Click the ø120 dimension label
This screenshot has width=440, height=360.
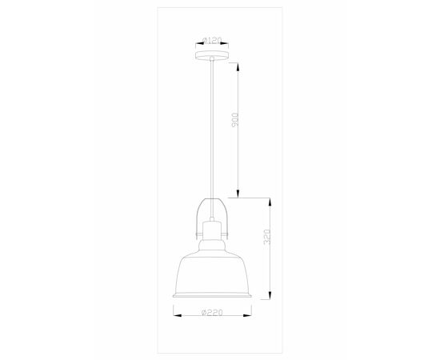coord(212,38)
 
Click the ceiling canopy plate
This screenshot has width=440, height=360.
coord(212,54)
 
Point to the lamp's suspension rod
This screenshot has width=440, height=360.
coord(212,128)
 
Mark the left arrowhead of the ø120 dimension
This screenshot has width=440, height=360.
coord(196,43)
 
